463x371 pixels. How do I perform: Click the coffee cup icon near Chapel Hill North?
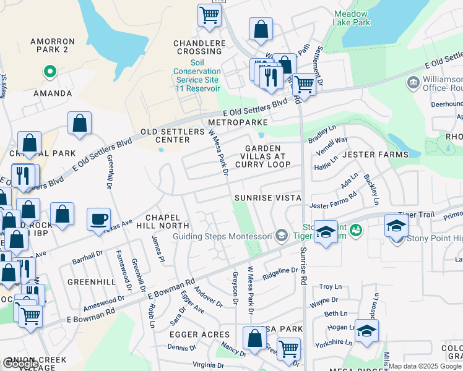pyautogui.click(x=99, y=219)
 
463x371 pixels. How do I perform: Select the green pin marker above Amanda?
pyautogui.click(x=49, y=72)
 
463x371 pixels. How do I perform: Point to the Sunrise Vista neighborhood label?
pyautogui.click(x=267, y=198)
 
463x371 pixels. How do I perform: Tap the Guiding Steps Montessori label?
pyautogui.click(x=222, y=236)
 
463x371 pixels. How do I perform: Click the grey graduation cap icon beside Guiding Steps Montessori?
pyautogui.click(x=282, y=235)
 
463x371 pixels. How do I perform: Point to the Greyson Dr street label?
pyautogui.click(x=235, y=288)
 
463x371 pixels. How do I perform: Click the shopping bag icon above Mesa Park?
pyautogui.click(x=254, y=338)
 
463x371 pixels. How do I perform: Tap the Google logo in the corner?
pyautogui.click(x=20, y=364)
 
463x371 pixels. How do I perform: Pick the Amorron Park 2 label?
pyautogui.click(x=53, y=45)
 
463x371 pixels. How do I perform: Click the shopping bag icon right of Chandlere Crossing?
pyautogui.click(x=261, y=28)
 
